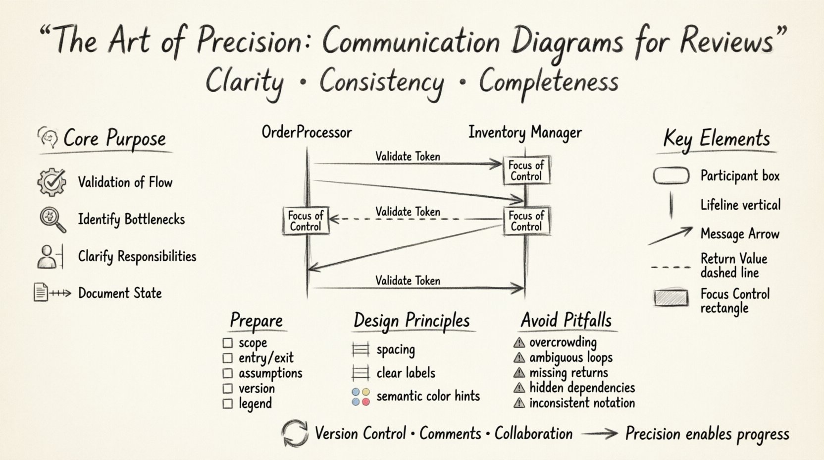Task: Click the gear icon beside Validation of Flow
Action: click(x=51, y=182)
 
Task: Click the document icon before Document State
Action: click(x=41, y=292)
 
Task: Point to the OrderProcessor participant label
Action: click(x=307, y=132)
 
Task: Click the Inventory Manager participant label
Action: click(x=525, y=132)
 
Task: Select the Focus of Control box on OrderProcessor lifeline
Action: click(x=306, y=221)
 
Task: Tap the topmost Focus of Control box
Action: click(x=526, y=171)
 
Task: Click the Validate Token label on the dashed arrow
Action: click(x=408, y=212)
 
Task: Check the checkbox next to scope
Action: click(x=228, y=343)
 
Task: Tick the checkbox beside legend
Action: click(x=228, y=403)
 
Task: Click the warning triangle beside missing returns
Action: click(x=519, y=373)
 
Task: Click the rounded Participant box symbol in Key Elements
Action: click(x=671, y=176)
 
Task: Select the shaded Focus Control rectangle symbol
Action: click(x=671, y=298)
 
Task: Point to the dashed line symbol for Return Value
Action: click(x=670, y=267)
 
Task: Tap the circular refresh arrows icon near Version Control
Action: click(x=295, y=434)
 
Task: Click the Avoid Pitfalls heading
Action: click(x=566, y=320)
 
